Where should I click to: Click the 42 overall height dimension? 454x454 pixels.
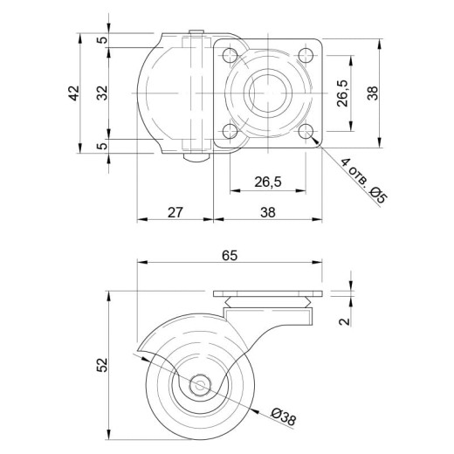[73, 93]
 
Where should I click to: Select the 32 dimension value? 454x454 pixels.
[102, 93]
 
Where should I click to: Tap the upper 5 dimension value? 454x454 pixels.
[102, 39]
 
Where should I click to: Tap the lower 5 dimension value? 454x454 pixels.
[102, 145]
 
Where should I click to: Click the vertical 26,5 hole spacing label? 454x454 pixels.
[342, 93]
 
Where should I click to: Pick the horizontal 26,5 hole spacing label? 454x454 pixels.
[268, 182]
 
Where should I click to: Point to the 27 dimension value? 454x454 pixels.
[175, 212]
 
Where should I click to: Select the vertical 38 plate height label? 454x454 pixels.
[373, 93]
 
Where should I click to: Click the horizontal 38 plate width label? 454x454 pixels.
[268, 212]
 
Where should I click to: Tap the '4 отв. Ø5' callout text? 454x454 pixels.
[364, 181]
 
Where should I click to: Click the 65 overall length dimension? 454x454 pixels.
[230, 256]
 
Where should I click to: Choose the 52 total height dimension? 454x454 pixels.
[102, 365]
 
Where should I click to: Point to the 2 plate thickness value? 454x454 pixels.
[345, 321]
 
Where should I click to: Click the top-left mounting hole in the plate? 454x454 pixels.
[230, 55]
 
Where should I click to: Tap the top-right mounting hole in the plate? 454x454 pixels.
[306, 55]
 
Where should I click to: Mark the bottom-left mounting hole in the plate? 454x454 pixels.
[230, 131]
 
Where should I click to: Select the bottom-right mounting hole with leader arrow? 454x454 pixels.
[306, 131]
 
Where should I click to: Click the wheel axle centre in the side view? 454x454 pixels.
[199, 386]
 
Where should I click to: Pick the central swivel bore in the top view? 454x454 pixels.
[268, 93]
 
